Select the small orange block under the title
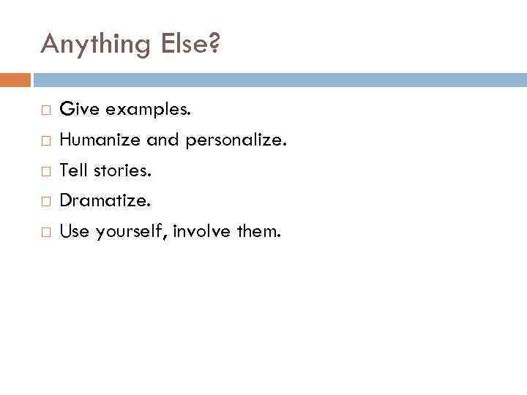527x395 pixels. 15,80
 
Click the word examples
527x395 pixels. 149,110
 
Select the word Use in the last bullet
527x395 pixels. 73,232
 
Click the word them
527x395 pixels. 258,232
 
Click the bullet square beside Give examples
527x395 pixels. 45,110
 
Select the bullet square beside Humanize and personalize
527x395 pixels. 45,141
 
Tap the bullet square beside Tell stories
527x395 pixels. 45,172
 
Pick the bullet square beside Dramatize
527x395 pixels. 45,200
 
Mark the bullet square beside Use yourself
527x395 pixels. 45,233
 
